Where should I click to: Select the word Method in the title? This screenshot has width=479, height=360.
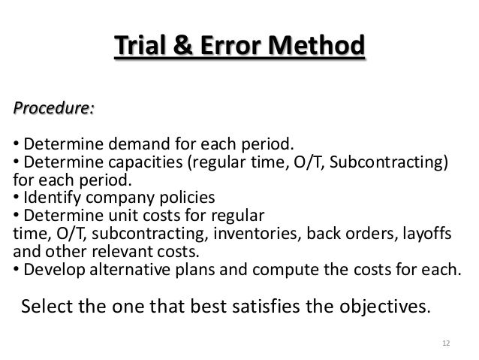[318, 46]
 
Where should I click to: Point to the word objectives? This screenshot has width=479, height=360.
[381, 307]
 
